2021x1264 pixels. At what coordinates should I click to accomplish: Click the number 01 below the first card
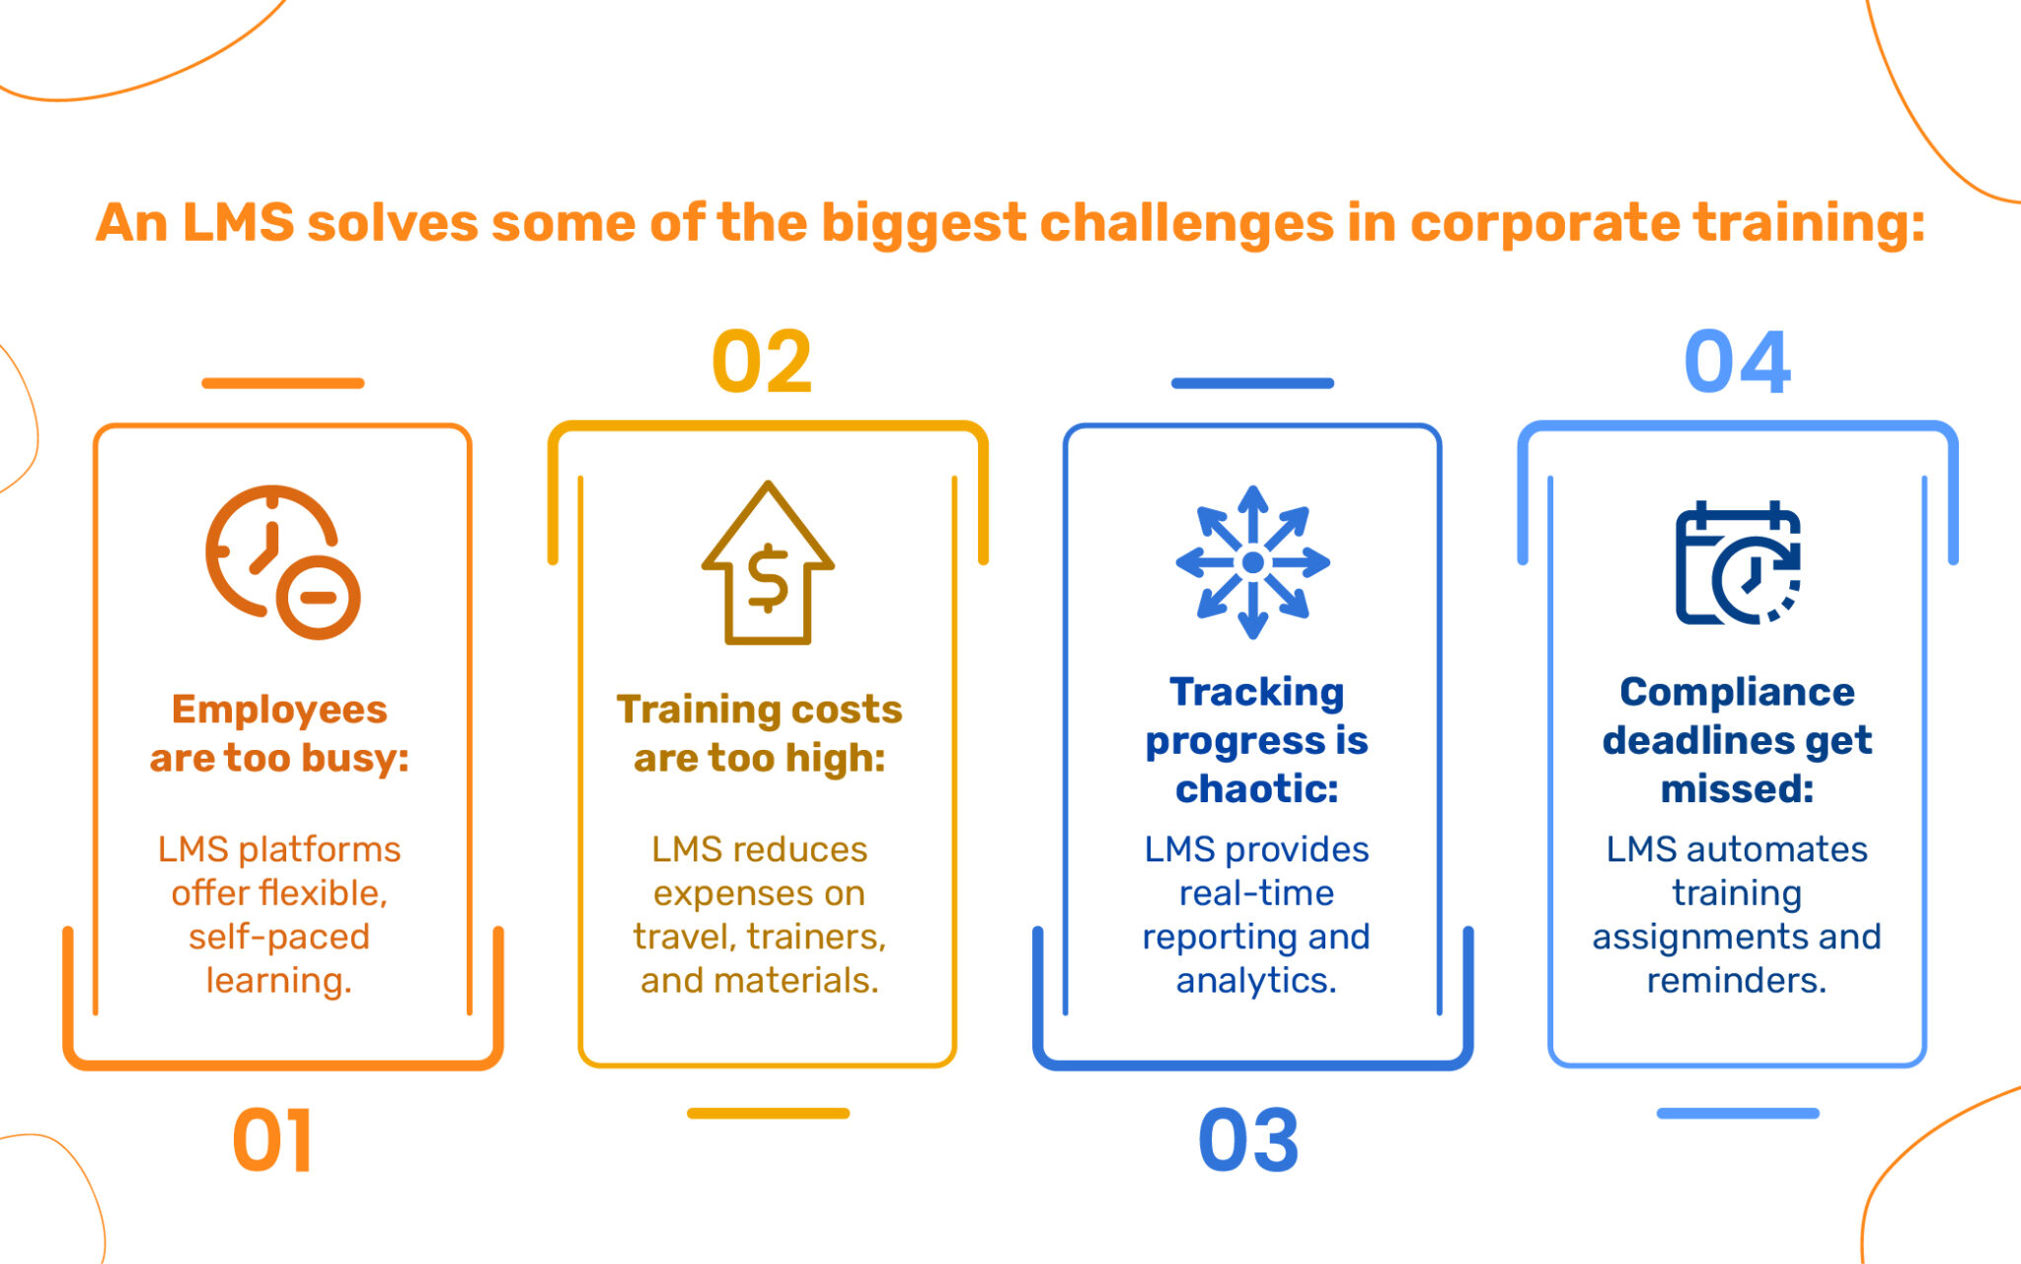click(272, 1140)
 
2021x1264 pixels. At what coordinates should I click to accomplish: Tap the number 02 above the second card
click(762, 362)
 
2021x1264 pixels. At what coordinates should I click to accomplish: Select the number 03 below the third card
click(1248, 1140)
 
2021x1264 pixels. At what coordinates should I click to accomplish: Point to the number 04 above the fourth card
click(1737, 362)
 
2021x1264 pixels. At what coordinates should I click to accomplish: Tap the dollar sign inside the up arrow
click(768, 578)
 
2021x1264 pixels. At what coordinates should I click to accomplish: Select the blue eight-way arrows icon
click(1253, 562)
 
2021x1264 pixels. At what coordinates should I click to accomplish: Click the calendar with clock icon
click(1738, 562)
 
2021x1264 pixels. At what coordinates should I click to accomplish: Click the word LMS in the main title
click(238, 222)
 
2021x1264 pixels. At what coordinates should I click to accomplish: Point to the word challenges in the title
click(1186, 223)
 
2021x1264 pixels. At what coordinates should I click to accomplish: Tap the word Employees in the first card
click(279, 709)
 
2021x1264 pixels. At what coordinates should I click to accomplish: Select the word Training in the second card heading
click(686, 709)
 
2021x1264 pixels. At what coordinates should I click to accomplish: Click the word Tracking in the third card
click(1256, 692)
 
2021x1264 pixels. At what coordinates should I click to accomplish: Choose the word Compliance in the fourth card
click(1737, 692)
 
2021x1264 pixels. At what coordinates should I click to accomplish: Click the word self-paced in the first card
click(279, 936)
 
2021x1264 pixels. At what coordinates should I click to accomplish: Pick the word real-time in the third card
click(1256, 893)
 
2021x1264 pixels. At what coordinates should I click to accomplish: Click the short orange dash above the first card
click(283, 383)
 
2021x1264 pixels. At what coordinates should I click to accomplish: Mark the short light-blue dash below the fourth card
click(1738, 1113)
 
